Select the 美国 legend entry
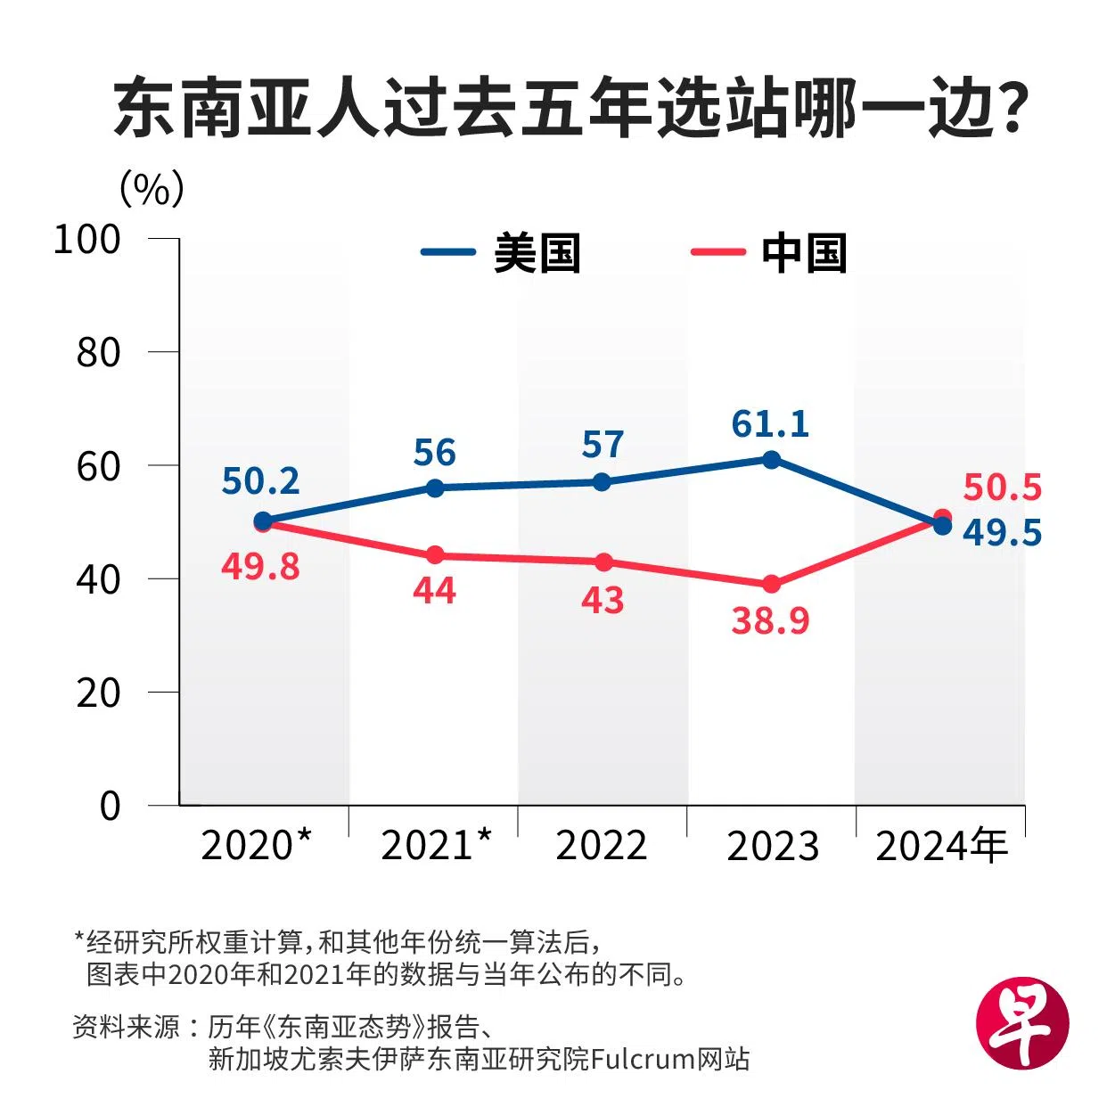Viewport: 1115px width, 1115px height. pyautogui.click(x=501, y=253)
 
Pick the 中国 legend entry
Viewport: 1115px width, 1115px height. pyautogui.click(x=768, y=253)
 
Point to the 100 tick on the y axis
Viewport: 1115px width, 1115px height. pyautogui.click(x=87, y=239)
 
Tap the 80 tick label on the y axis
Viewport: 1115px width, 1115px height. pyautogui.click(x=98, y=353)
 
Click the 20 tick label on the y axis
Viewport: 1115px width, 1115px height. pyautogui.click(x=98, y=693)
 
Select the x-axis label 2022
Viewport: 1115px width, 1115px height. pyautogui.click(x=602, y=845)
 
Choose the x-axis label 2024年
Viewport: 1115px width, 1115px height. pyautogui.click(x=941, y=845)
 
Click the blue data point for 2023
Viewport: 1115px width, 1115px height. pyautogui.click(x=772, y=460)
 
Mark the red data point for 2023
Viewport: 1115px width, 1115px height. pyautogui.click(x=772, y=585)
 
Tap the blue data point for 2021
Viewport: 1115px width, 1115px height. pyautogui.click(x=435, y=488)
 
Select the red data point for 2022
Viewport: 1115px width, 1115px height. pyautogui.click(x=603, y=562)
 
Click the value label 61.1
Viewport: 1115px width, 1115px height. pyautogui.click(x=770, y=424)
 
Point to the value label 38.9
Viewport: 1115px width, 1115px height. pyautogui.click(x=770, y=620)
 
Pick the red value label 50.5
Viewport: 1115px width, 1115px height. pyautogui.click(x=1002, y=488)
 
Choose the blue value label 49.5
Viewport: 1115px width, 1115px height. pyautogui.click(x=1002, y=532)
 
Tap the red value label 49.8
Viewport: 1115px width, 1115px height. pyautogui.click(x=260, y=566)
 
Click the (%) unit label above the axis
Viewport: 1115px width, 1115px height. pyautogui.click(x=152, y=188)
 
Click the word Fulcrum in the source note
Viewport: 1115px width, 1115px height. pyautogui.click(x=643, y=1059)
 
